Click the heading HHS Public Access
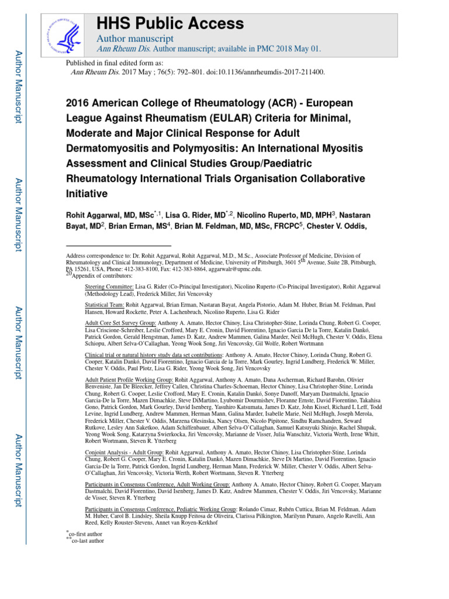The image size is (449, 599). click(x=170, y=23)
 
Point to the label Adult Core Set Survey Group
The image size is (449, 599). click(x=120, y=322)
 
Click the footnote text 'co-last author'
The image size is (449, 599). click(x=88, y=541)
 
